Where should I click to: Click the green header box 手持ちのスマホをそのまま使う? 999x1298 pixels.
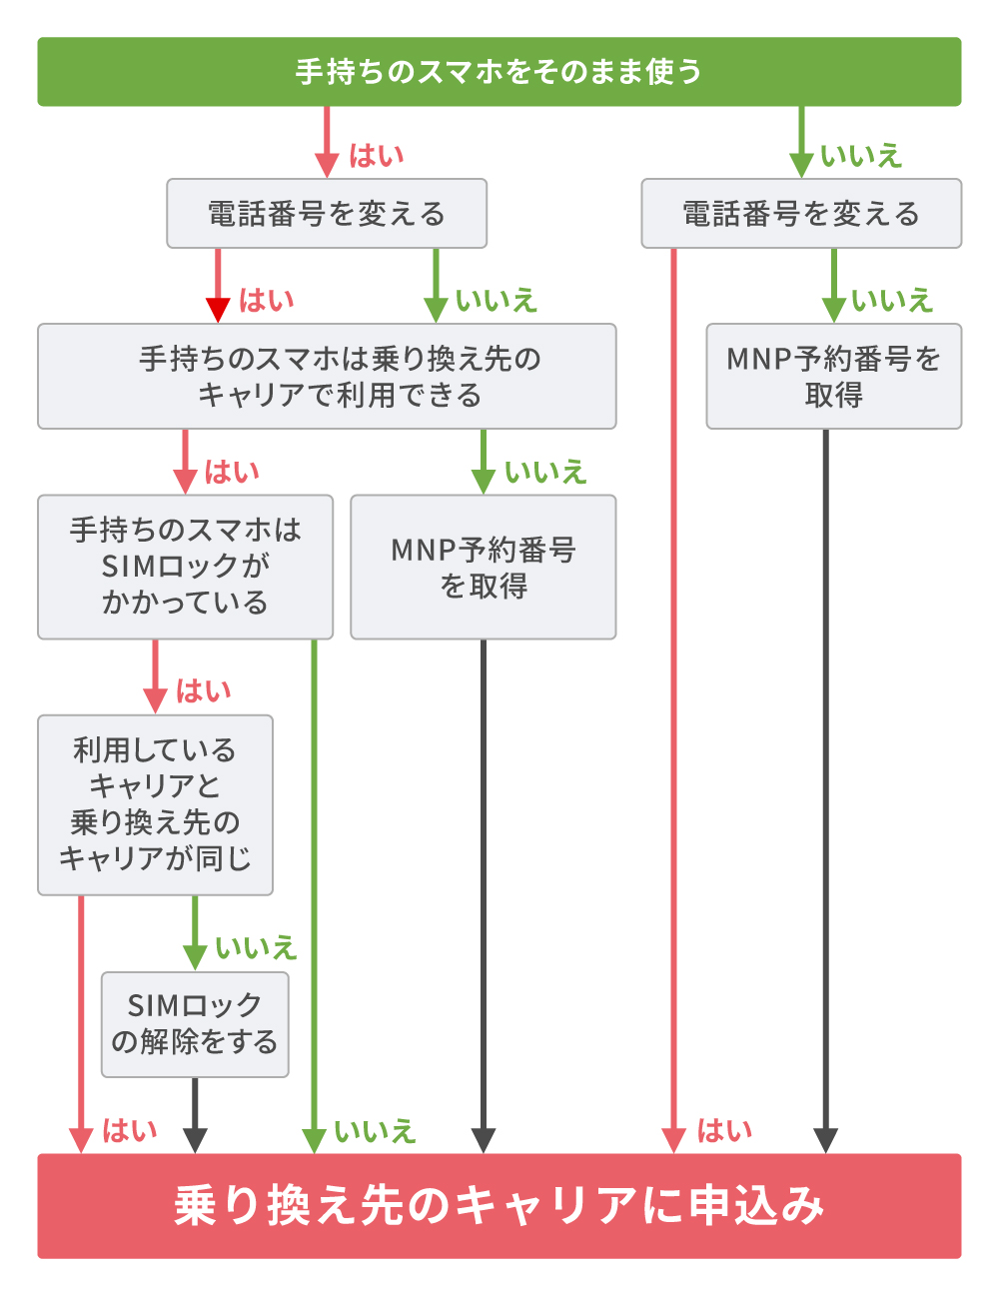(x=499, y=72)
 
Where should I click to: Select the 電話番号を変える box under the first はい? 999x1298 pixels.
(x=326, y=214)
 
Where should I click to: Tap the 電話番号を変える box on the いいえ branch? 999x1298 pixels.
(x=800, y=214)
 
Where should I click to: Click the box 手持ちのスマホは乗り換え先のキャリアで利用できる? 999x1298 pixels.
(x=327, y=377)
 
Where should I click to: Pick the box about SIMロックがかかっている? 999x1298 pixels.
(x=185, y=567)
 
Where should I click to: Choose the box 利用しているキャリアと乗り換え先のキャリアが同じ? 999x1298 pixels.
(x=155, y=804)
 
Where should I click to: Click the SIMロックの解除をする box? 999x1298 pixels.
(x=195, y=1024)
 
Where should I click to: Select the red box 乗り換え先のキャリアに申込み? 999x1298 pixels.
(x=499, y=1205)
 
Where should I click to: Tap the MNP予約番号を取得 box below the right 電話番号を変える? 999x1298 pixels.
(x=833, y=377)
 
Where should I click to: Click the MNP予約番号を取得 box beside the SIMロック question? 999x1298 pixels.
(x=483, y=567)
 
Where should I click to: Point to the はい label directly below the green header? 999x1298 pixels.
(x=376, y=156)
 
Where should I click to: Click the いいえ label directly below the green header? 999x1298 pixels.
(x=860, y=156)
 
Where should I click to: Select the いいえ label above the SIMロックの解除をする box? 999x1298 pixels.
(x=256, y=947)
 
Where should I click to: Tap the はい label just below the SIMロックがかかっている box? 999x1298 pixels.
(x=203, y=690)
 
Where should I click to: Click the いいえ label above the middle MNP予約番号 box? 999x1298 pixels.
(x=544, y=472)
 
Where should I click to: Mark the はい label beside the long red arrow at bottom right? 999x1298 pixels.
(x=724, y=1131)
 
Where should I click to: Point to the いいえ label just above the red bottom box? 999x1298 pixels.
(x=375, y=1131)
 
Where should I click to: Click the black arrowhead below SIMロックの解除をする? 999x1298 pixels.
(x=196, y=1139)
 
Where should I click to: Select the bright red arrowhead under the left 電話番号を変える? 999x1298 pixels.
(x=218, y=310)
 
